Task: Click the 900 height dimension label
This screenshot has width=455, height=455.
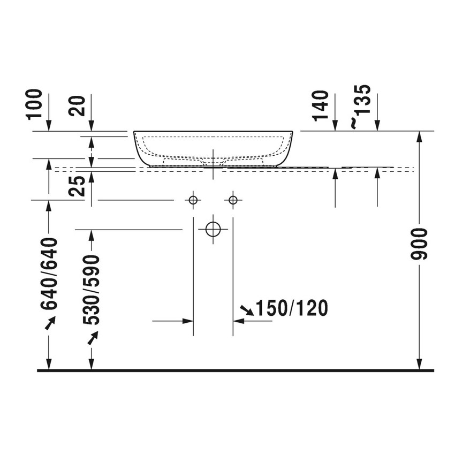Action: (421, 244)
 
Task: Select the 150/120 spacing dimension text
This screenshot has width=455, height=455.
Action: (291, 308)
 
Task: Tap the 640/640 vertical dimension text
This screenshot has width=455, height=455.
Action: (49, 273)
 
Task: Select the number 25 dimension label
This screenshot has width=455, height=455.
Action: (78, 187)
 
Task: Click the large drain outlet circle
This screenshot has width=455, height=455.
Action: (213, 229)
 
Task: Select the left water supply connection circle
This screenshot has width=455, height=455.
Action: (193, 200)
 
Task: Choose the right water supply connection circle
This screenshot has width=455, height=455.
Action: (233, 200)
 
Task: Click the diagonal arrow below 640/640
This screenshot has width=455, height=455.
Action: (49, 323)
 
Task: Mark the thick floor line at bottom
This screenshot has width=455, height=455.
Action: (236, 370)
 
